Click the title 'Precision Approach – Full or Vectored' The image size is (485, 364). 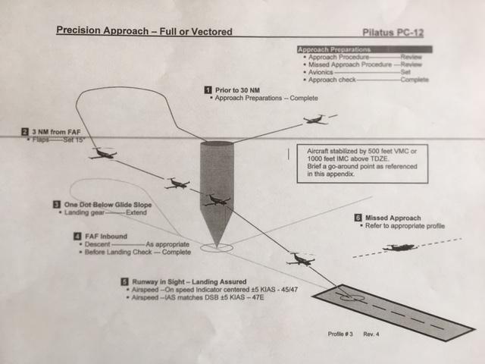click(144, 32)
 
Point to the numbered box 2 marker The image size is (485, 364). click(25, 130)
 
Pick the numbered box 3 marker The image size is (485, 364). click(56, 205)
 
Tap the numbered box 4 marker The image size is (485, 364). click(77, 237)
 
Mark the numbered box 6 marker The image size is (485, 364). click(358, 218)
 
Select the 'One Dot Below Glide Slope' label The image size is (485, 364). click(108, 205)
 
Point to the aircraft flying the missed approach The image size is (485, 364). click(399, 248)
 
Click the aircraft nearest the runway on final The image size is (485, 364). click(301, 259)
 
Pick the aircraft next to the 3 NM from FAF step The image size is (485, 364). click(102, 154)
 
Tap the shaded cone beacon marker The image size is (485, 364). click(216, 190)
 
